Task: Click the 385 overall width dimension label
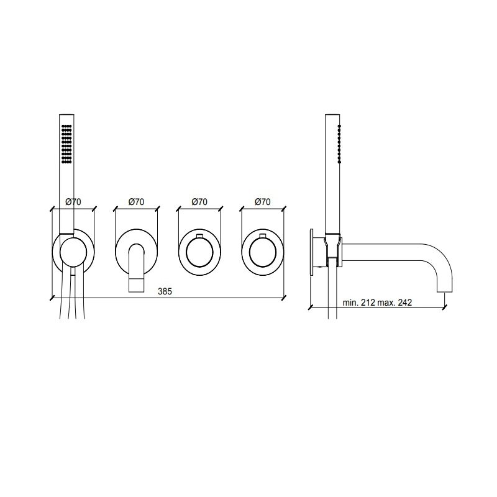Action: (165, 291)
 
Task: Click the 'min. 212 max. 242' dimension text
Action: (377, 303)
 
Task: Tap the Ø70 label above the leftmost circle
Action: (73, 201)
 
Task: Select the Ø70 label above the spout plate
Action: (136, 201)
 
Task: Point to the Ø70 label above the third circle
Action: (199, 201)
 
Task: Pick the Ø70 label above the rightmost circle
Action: (262, 201)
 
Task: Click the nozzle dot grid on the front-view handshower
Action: (66, 144)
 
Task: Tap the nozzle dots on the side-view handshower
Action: (339, 144)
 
